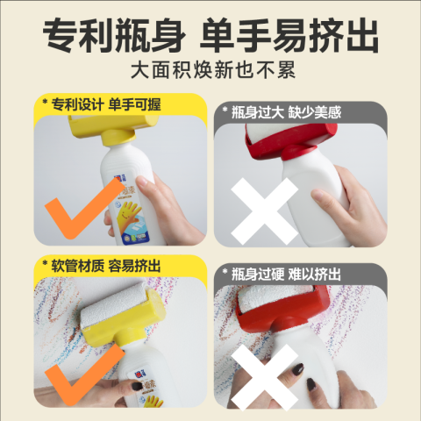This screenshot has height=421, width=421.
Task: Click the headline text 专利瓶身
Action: point(114,36)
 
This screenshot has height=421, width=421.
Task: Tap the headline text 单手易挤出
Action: point(289,36)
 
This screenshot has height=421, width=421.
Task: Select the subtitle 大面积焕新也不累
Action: point(213,70)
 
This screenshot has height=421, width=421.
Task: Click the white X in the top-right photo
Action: point(264,211)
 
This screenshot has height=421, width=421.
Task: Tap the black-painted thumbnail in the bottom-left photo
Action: point(137,386)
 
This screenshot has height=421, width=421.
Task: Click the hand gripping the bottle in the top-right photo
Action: point(348,204)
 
